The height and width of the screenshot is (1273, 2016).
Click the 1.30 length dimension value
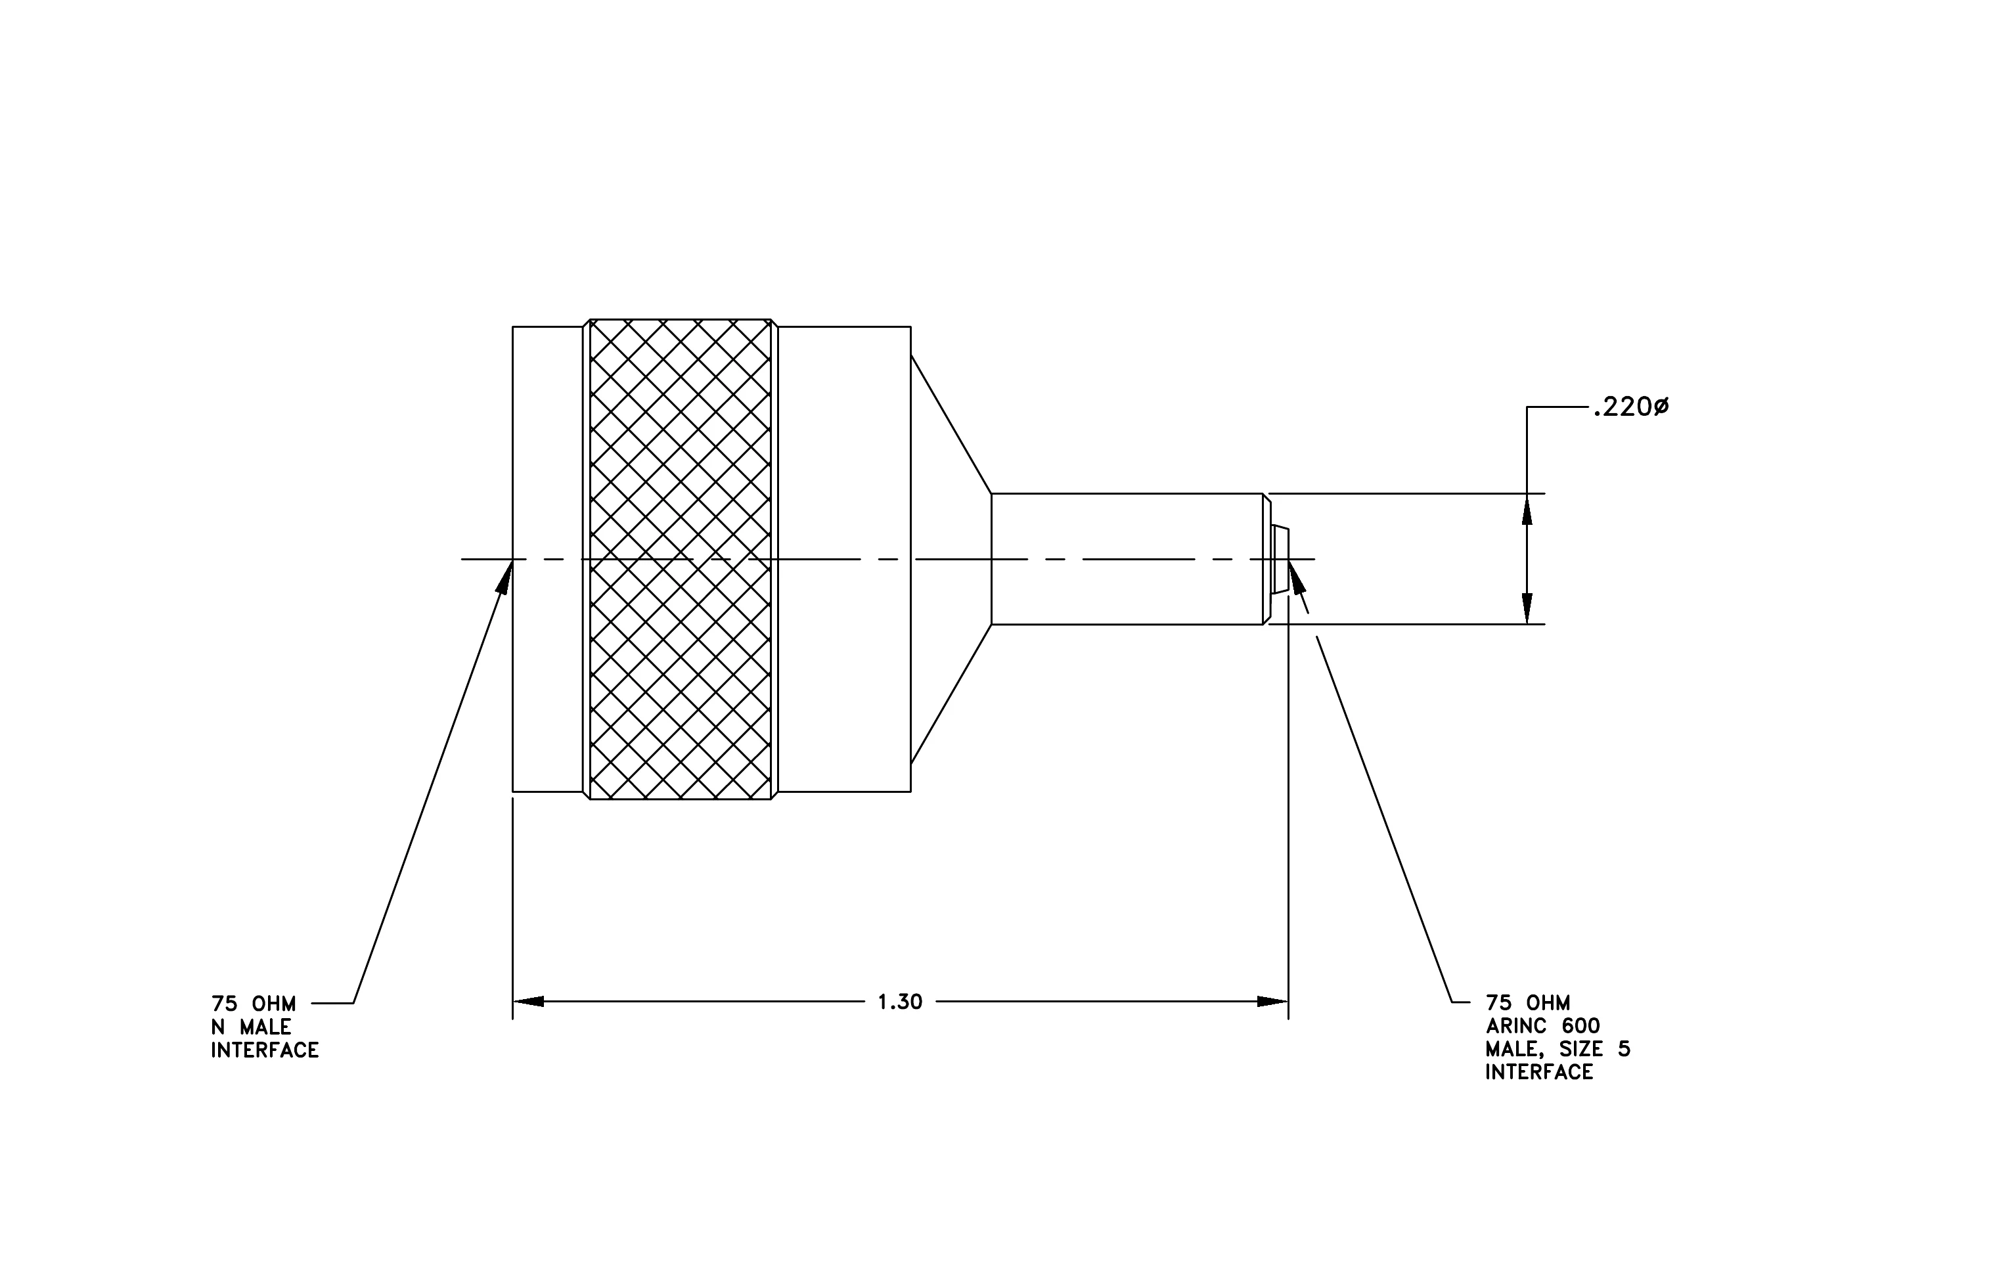point(900,1002)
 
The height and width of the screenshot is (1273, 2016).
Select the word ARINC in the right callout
point(1513,1026)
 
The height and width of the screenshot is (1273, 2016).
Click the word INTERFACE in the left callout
point(265,1050)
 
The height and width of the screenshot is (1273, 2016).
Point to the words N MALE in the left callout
point(251,1027)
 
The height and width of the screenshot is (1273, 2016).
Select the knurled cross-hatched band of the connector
point(681,559)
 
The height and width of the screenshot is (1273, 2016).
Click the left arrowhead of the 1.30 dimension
point(528,1001)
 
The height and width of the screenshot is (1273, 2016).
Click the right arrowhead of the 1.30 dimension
point(1272,1001)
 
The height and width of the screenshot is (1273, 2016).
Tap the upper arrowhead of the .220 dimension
point(1527,509)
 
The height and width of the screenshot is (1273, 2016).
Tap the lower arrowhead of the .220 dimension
point(1527,608)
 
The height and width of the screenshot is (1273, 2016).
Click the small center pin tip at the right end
point(1280,560)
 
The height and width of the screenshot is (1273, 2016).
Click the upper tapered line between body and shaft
point(951,424)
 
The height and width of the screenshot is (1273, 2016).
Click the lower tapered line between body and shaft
point(951,694)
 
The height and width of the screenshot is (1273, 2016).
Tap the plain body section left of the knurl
point(548,559)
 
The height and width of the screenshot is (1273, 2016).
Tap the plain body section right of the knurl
point(845,559)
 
